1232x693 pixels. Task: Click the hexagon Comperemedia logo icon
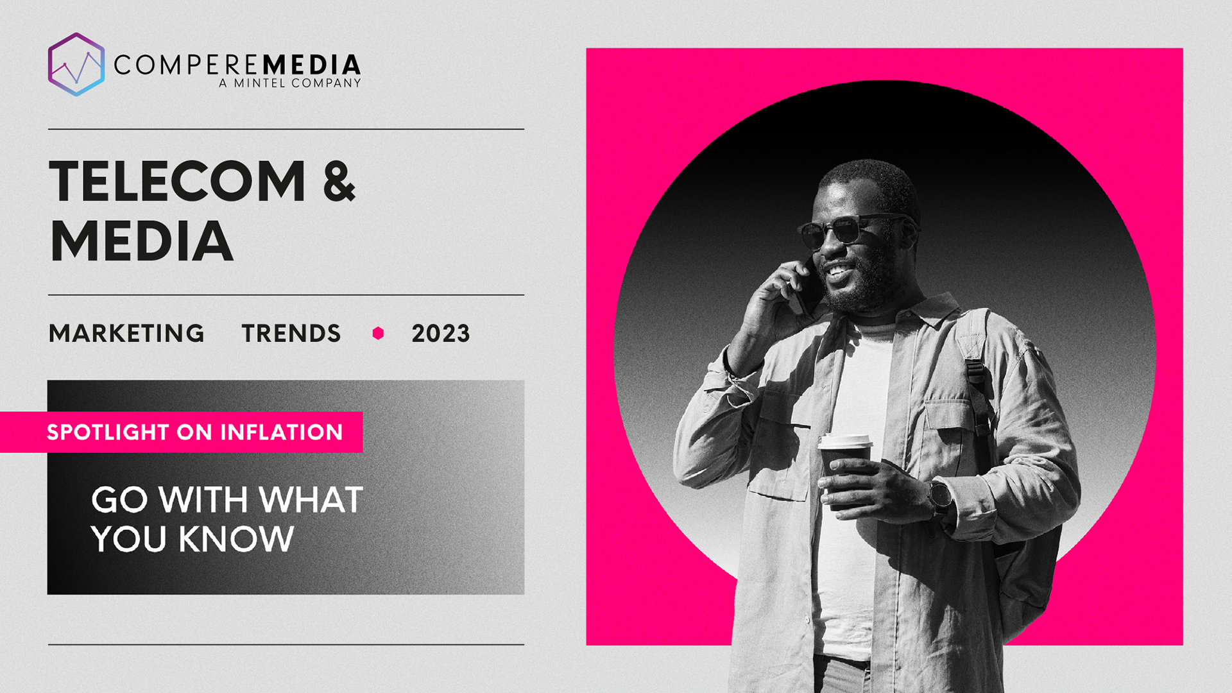(x=76, y=64)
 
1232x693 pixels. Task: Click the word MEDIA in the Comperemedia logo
(x=312, y=65)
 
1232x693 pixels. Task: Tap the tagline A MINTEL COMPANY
(x=290, y=83)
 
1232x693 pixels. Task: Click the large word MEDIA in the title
(x=141, y=241)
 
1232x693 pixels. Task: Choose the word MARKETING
(x=126, y=333)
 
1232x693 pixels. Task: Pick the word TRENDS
(x=291, y=333)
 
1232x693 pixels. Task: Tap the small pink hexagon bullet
(x=378, y=333)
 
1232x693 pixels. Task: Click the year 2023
(x=441, y=333)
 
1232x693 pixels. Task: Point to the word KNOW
(x=236, y=538)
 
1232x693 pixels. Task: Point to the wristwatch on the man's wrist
(x=940, y=497)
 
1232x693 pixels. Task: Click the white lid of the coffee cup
(x=845, y=441)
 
